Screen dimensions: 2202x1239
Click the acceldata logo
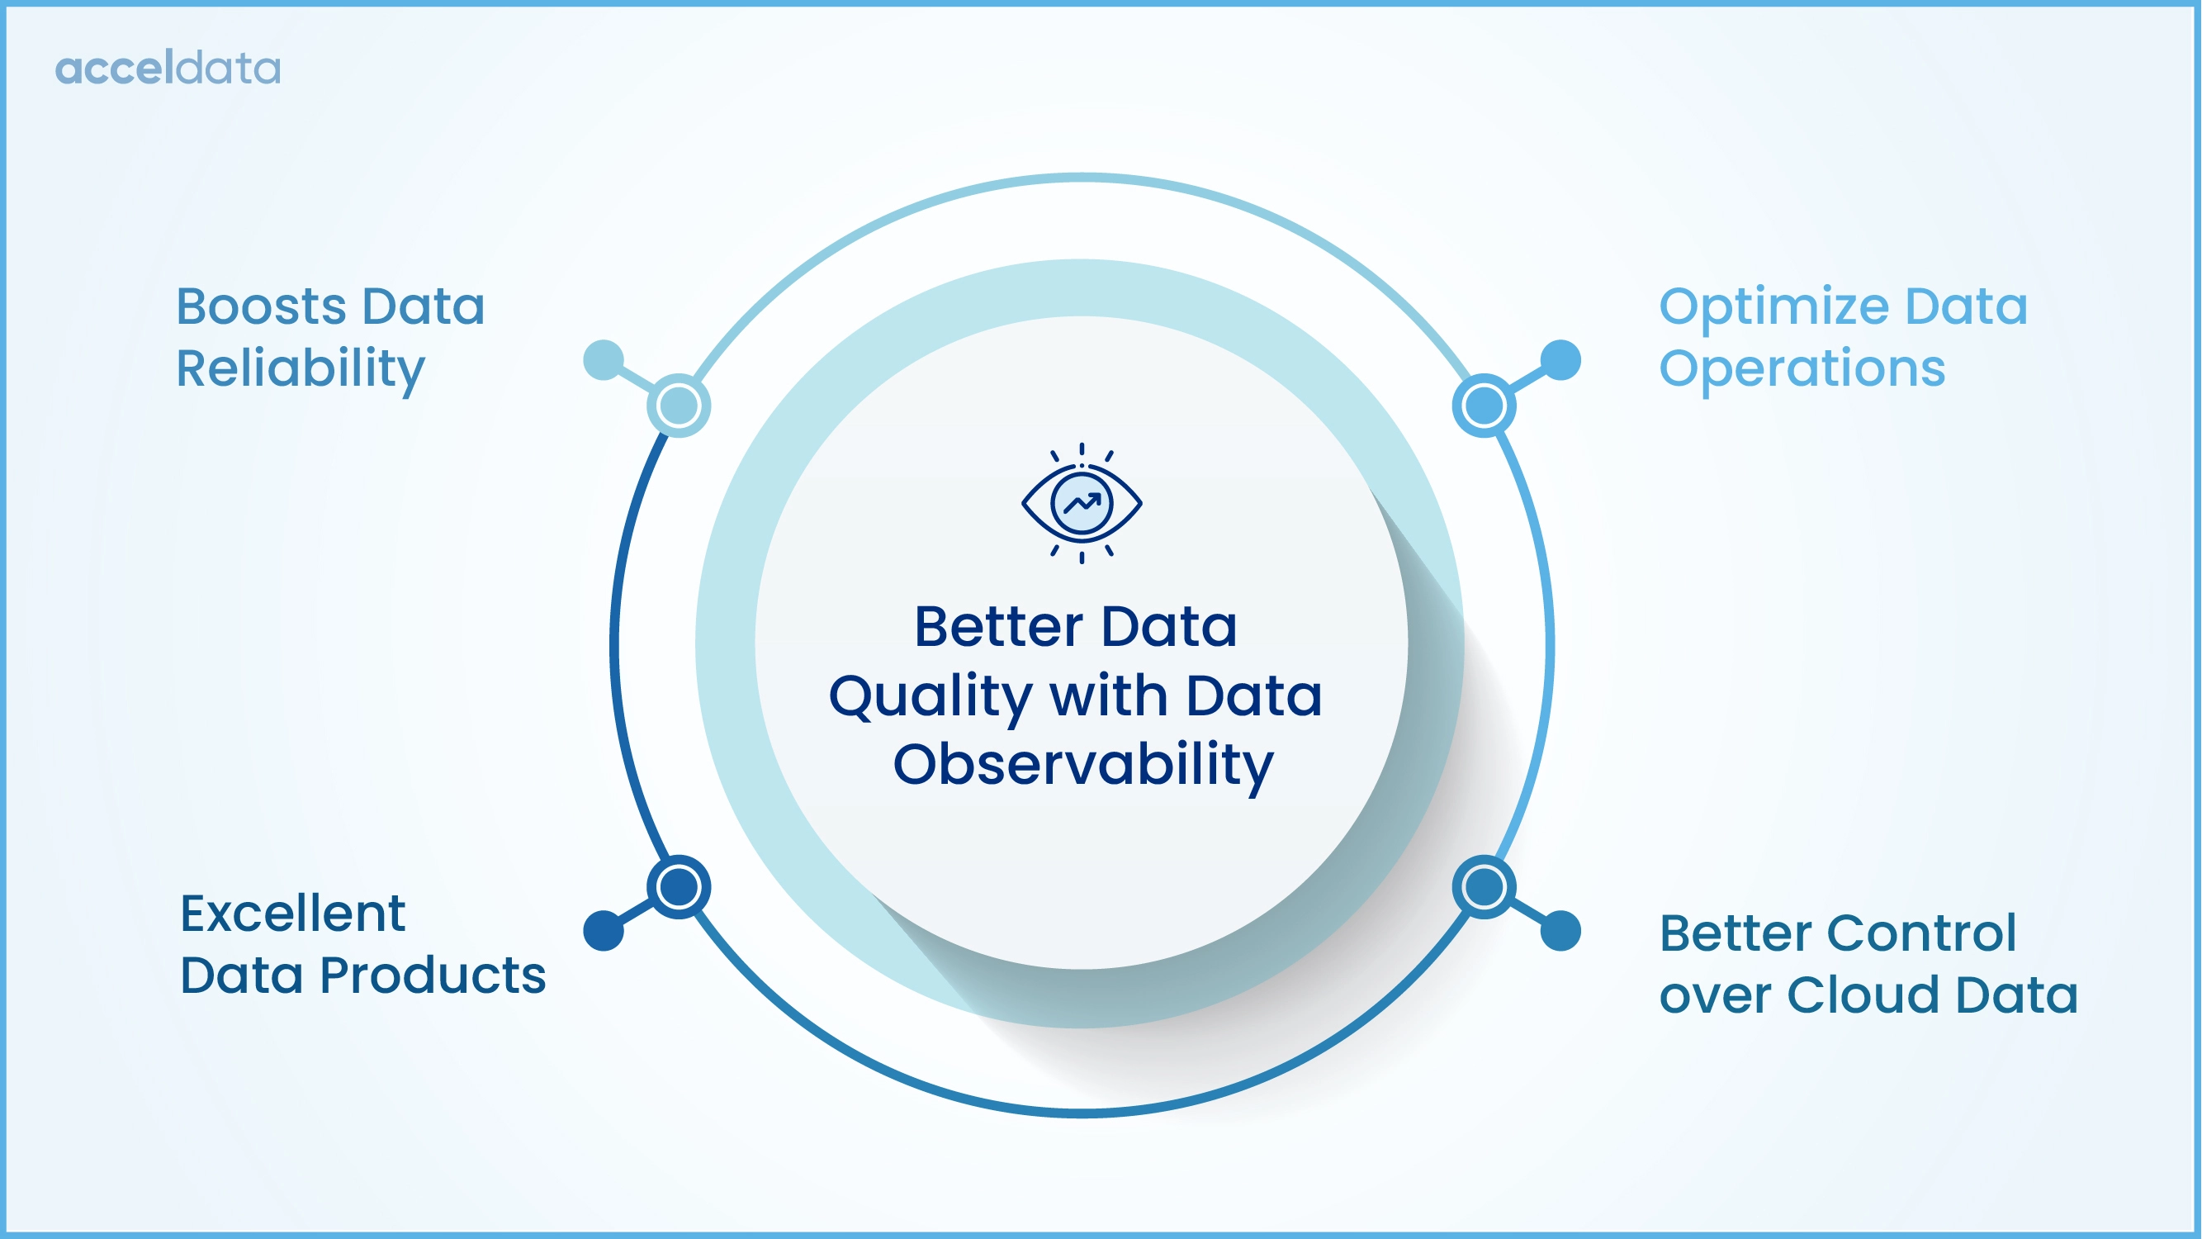click(x=168, y=69)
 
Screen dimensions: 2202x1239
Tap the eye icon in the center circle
click(x=1082, y=504)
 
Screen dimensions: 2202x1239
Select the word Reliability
click(x=300, y=369)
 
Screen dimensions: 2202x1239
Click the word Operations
click(x=1802, y=369)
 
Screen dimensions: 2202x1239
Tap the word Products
click(x=433, y=976)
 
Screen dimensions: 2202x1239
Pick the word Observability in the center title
click(x=1083, y=766)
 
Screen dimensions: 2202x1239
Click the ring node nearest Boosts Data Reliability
click(x=679, y=406)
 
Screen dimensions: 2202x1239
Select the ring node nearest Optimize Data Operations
click(x=1485, y=406)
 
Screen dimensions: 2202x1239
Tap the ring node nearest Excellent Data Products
click(x=679, y=886)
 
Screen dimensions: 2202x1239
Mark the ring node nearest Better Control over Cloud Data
click(x=1485, y=886)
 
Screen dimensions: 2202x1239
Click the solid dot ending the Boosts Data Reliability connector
click(x=604, y=360)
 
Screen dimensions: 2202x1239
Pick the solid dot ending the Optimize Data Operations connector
click(x=1561, y=360)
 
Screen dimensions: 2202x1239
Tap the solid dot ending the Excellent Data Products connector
click(x=604, y=930)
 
